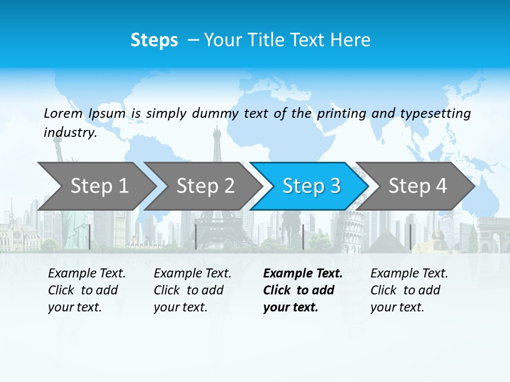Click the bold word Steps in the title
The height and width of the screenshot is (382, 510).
click(x=154, y=40)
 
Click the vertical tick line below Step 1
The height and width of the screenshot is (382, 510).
click(x=90, y=237)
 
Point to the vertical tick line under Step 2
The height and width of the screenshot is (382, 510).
click(x=196, y=237)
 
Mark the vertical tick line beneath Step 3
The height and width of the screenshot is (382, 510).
click(x=303, y=237)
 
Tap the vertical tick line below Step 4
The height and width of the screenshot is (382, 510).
click(x=411, y=237)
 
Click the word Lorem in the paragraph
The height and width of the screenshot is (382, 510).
click(x=63, y=114)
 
